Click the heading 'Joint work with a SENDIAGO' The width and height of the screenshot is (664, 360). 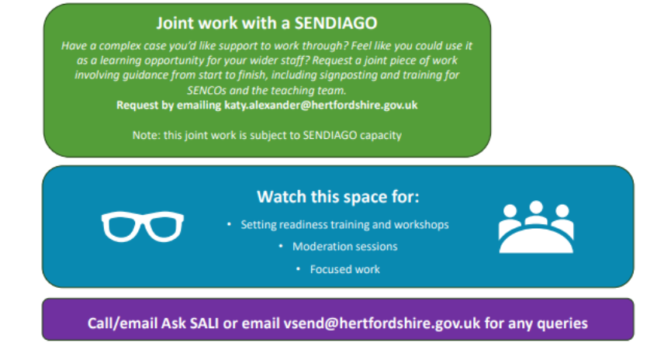tap(267, 22)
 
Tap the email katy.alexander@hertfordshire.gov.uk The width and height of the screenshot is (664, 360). tap(320, 105)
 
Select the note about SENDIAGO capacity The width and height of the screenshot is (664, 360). tap(267, 135)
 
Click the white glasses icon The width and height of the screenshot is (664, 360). tap(142, 227)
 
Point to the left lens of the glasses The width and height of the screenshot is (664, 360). tap(122, 227)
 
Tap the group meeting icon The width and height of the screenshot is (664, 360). tap(536, 227)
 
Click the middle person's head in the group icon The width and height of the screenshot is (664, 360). tap(536, 207)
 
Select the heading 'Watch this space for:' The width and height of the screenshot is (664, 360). tap(338, 197)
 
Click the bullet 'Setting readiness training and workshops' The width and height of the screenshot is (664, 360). tap(344, 224)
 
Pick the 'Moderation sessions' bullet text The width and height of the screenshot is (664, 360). tap(344, 247)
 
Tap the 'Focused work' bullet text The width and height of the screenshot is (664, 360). tap(344, 269)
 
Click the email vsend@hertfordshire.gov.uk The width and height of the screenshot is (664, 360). tap(382, 324)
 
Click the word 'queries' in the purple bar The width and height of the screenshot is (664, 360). tap(562, 324)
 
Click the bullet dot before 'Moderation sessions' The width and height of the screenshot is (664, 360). tap(281, 246)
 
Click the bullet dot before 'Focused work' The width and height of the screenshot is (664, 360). tap(298, 268)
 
